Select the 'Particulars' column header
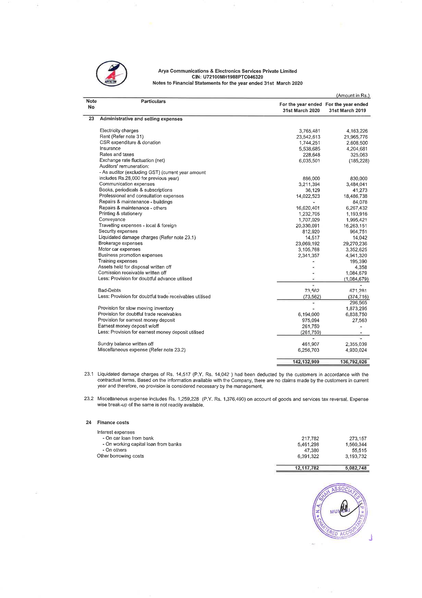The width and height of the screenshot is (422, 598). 153,101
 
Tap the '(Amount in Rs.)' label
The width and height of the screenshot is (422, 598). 353,96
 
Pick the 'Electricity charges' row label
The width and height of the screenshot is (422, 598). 119,131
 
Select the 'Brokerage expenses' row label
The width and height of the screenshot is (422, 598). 120,243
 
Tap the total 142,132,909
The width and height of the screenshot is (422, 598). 306,362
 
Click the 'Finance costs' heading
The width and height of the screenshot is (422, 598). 113,422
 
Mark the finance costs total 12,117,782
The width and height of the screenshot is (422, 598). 307,468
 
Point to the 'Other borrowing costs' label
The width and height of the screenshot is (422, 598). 120,456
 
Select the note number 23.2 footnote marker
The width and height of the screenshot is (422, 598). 89,399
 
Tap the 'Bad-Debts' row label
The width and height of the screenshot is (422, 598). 109,290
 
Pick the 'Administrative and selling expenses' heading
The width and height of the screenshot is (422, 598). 141,119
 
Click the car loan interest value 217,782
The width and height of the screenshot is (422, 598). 310,439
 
